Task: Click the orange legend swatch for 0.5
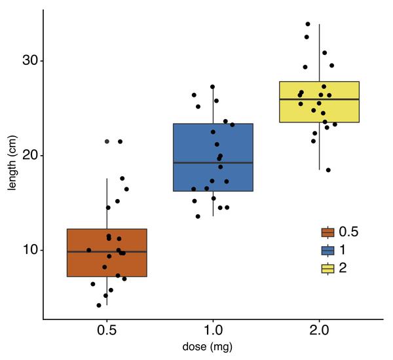327,232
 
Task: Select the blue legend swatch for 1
327,250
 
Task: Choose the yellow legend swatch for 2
327,268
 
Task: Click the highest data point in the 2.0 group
308,24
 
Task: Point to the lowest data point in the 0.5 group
99,305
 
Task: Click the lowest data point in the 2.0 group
328,170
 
